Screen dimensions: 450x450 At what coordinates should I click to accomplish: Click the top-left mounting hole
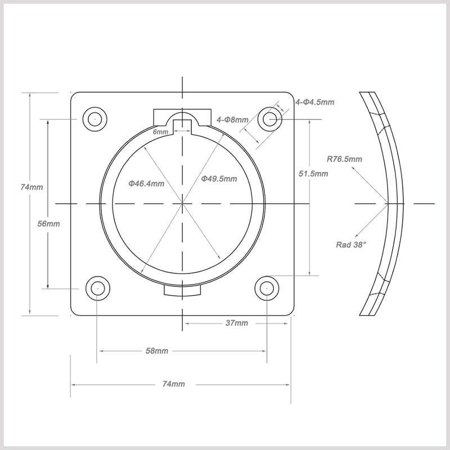point(94,119)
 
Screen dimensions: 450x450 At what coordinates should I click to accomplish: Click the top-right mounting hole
point(271,119)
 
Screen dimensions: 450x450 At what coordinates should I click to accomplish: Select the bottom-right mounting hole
point(267,288)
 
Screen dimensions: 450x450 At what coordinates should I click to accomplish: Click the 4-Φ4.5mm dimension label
point(315,102)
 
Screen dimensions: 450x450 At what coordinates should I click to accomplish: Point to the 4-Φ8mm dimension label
point(232,119)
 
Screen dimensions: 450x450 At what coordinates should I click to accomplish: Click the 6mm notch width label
point(161,132)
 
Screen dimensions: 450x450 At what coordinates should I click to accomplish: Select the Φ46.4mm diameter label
point(146,183)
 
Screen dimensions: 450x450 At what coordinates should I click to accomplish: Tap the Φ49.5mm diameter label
point(219,178)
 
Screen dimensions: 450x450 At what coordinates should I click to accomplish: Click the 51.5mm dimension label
point(313,174)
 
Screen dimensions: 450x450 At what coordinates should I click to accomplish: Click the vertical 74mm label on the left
point(30,187)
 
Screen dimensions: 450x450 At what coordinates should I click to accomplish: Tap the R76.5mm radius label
point(345,159)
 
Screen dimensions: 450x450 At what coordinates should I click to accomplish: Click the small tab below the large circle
point(182,291)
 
